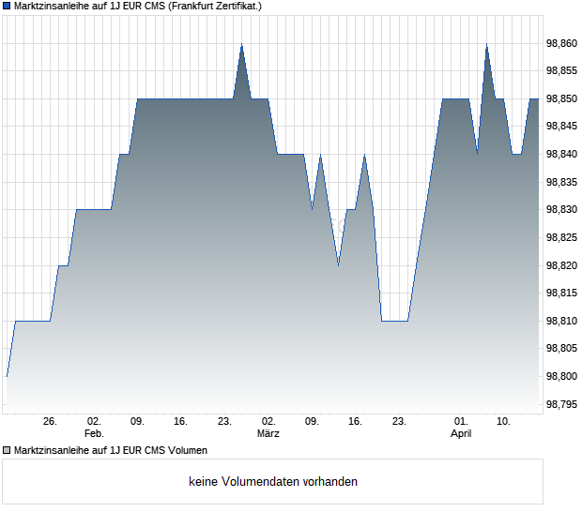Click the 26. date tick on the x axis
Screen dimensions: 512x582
[50, 422]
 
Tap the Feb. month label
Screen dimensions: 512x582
[94, 434]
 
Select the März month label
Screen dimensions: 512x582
[268, 434]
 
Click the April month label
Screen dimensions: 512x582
[461, 434]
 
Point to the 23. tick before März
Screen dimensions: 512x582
[224, 422]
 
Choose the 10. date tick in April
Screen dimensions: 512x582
[504, 422]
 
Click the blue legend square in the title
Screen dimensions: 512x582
[8, 7]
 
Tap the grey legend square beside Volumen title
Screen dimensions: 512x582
[8, 450]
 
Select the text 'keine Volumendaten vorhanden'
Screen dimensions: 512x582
[273, 482]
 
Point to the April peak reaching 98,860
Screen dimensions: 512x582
[486, 45]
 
